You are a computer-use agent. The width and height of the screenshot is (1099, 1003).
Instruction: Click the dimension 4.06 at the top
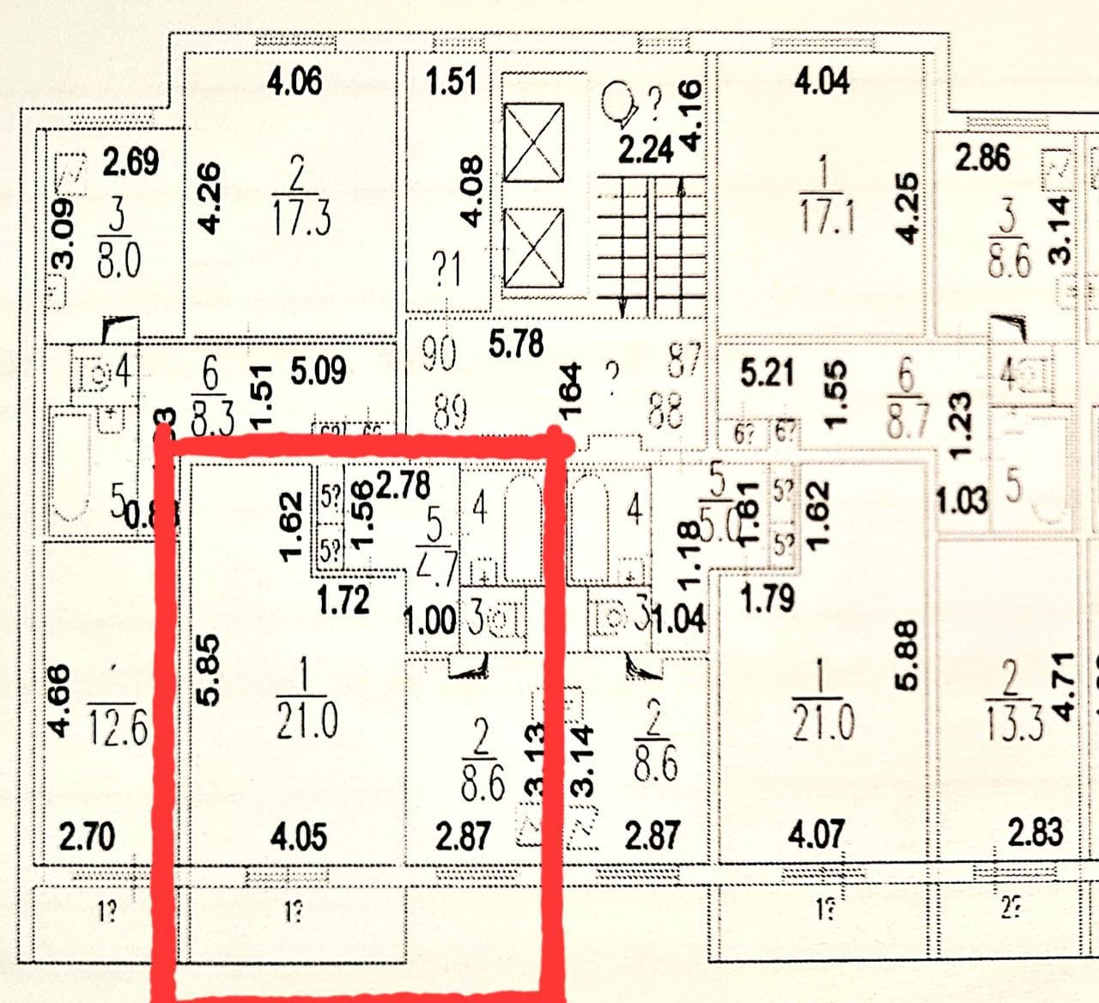coord(294,82)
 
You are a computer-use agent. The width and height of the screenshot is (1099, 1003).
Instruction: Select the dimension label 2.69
coord(131,161)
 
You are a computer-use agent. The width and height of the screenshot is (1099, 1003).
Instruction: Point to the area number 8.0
coord(118,258)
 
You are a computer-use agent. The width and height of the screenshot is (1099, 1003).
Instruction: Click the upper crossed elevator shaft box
coord(533,143)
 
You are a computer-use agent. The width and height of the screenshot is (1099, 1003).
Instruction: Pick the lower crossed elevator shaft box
coord(533,249)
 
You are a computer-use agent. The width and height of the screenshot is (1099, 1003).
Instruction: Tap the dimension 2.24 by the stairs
coord(646,149)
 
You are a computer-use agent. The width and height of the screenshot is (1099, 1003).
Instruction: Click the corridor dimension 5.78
coord(516,343)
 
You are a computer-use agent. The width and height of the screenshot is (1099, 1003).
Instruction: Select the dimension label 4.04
coord(822,82)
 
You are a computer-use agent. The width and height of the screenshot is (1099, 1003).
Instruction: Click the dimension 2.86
coord(982,158)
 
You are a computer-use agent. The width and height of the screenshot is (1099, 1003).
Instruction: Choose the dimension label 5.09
coord(318,372)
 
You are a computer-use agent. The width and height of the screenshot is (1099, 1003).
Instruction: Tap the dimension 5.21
coord(767,374)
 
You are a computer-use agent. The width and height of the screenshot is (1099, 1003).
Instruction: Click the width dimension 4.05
coord(298,836)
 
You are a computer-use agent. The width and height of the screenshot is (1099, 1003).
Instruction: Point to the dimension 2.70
coord(86,836)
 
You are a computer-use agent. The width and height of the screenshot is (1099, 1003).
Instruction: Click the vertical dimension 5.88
coord(907,656)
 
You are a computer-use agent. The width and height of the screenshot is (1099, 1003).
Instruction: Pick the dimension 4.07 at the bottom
coord(816,835)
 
